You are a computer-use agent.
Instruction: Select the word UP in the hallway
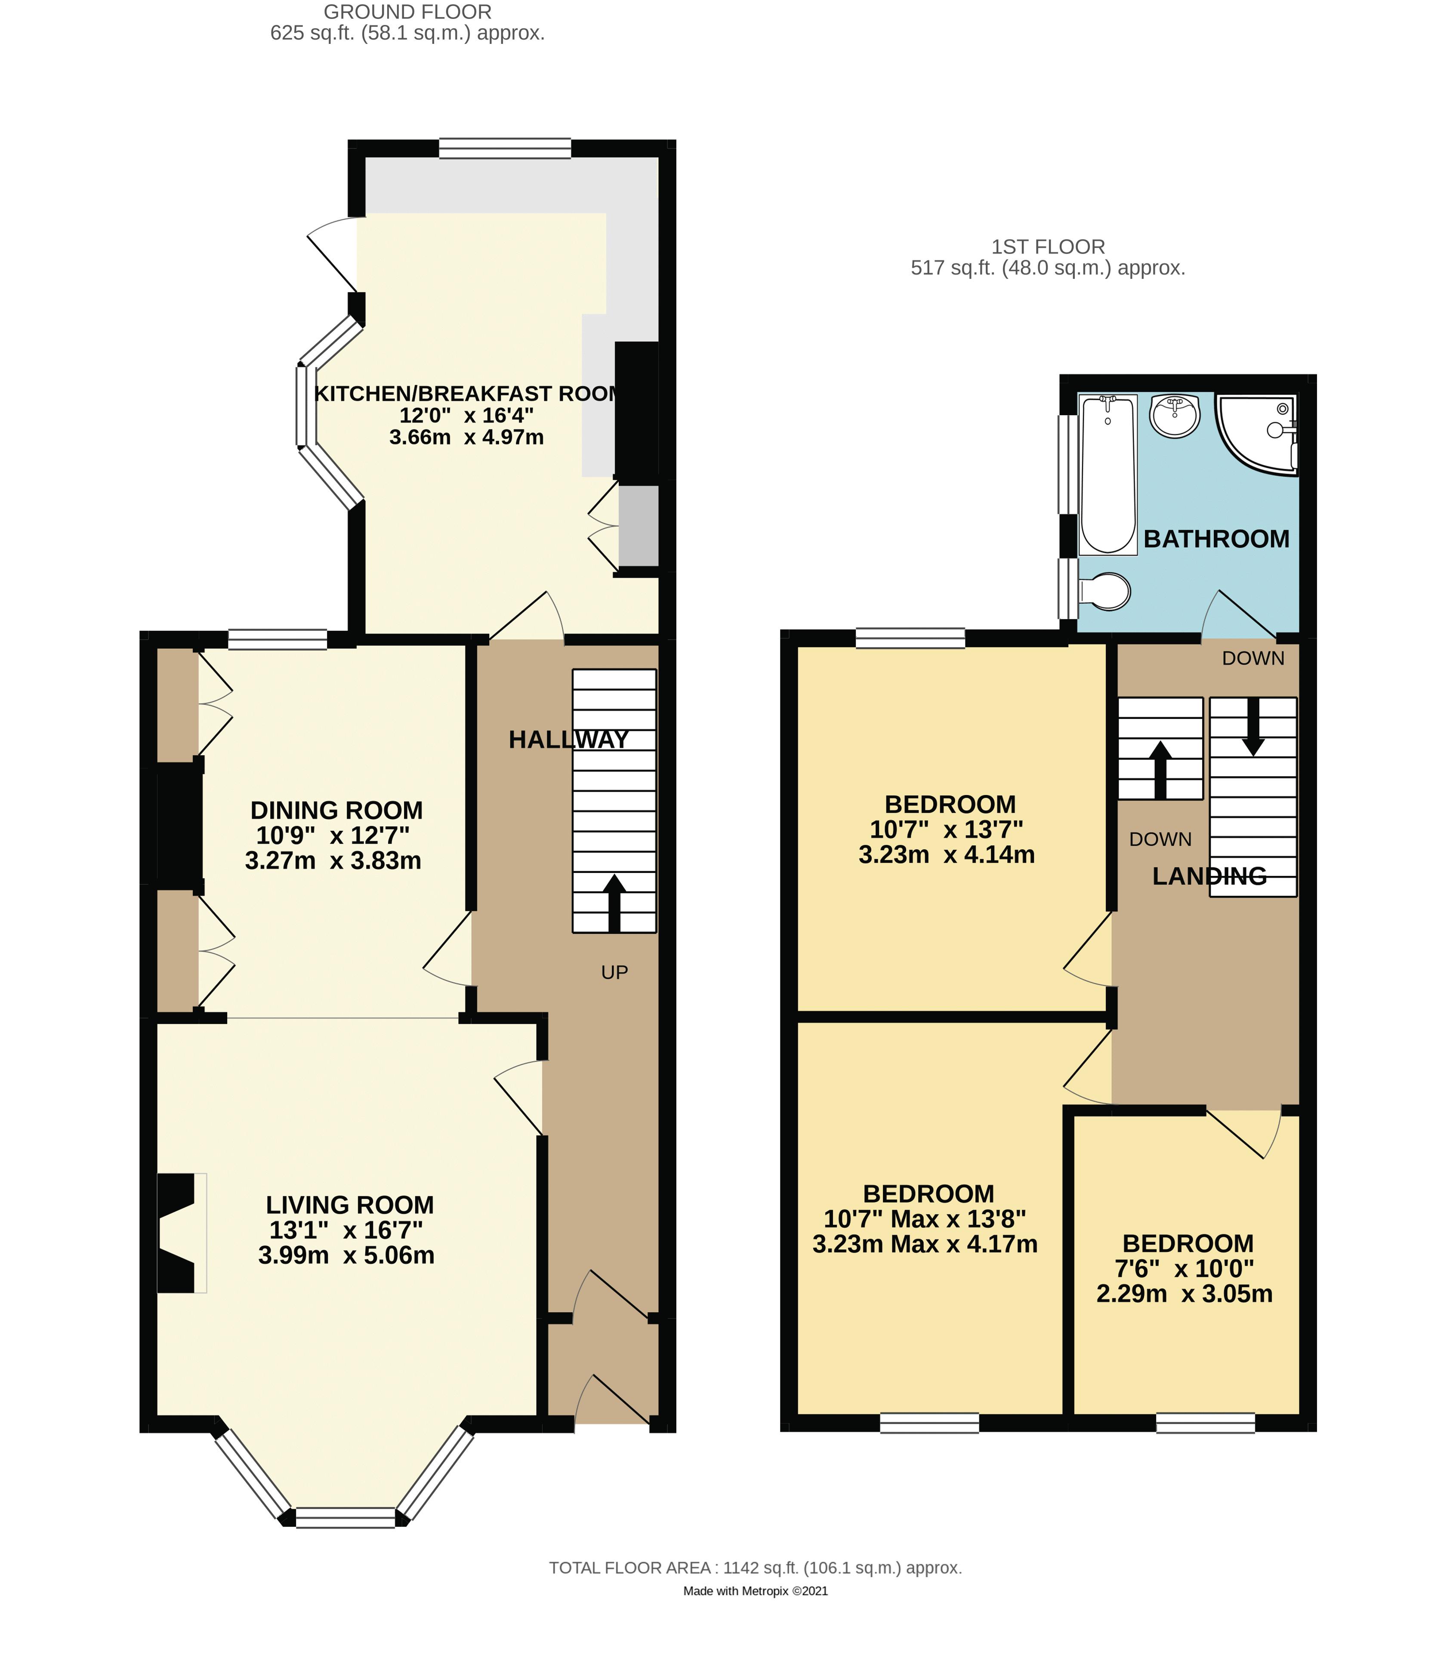(x=614, y=972)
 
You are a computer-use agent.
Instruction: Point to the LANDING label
(x=1209, y=876)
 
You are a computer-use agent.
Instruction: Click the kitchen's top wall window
(x=505, y=148)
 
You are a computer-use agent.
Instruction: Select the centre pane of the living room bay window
(x=345, y=1517)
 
